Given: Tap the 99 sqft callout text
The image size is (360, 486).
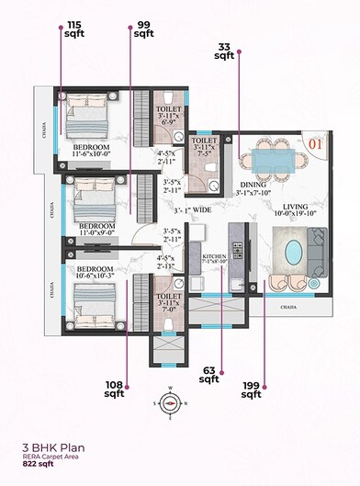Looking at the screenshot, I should click(x=143, y=29).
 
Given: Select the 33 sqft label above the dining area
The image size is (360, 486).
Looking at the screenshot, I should click(x=225, y=51).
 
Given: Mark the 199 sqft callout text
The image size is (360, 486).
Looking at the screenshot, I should click(x=251, y=390).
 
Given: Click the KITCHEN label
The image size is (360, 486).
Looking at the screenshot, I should click(x=214, y=257).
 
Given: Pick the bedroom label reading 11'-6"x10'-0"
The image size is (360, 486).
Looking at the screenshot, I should click(x=92, y=152).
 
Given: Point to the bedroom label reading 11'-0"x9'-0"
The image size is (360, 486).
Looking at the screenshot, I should click(x=96, y=230).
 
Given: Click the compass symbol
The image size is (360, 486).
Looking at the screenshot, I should click(x=169, y=401).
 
